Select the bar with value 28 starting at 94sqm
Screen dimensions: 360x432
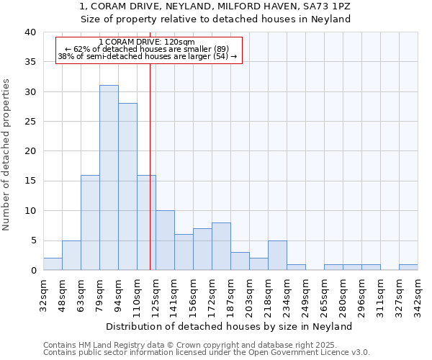pos(127,186)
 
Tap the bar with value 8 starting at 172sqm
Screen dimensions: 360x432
pos(221,246)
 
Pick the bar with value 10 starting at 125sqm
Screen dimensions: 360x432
pos(165,240)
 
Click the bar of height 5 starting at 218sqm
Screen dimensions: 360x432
pos(277,256)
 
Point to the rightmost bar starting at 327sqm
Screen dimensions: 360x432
pos(408,267)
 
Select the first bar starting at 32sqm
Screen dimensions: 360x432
pos(53,264)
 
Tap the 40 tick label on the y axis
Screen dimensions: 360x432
pos(30,32)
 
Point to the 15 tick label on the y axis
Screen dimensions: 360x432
pos(30,181)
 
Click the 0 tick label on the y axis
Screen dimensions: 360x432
pos(32,270)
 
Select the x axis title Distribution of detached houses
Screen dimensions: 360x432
pos(230,326)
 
